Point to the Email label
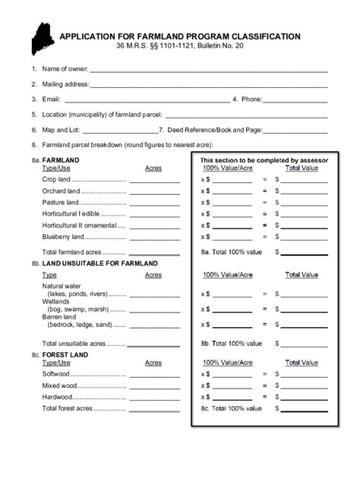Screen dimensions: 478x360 51,99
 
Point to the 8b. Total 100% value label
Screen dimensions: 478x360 232,344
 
